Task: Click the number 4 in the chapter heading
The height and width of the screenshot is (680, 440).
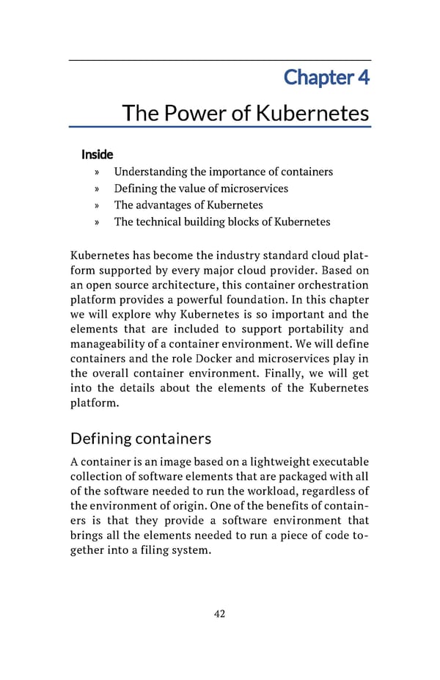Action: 363,76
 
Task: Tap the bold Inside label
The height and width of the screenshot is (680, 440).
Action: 97,154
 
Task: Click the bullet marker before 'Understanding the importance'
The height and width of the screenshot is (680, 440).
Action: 97,172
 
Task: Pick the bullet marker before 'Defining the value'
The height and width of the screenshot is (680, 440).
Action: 97,189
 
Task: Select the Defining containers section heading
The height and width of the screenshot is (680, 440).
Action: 141,439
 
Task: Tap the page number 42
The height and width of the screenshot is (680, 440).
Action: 219,614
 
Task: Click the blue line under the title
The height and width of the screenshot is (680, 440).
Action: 220,128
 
